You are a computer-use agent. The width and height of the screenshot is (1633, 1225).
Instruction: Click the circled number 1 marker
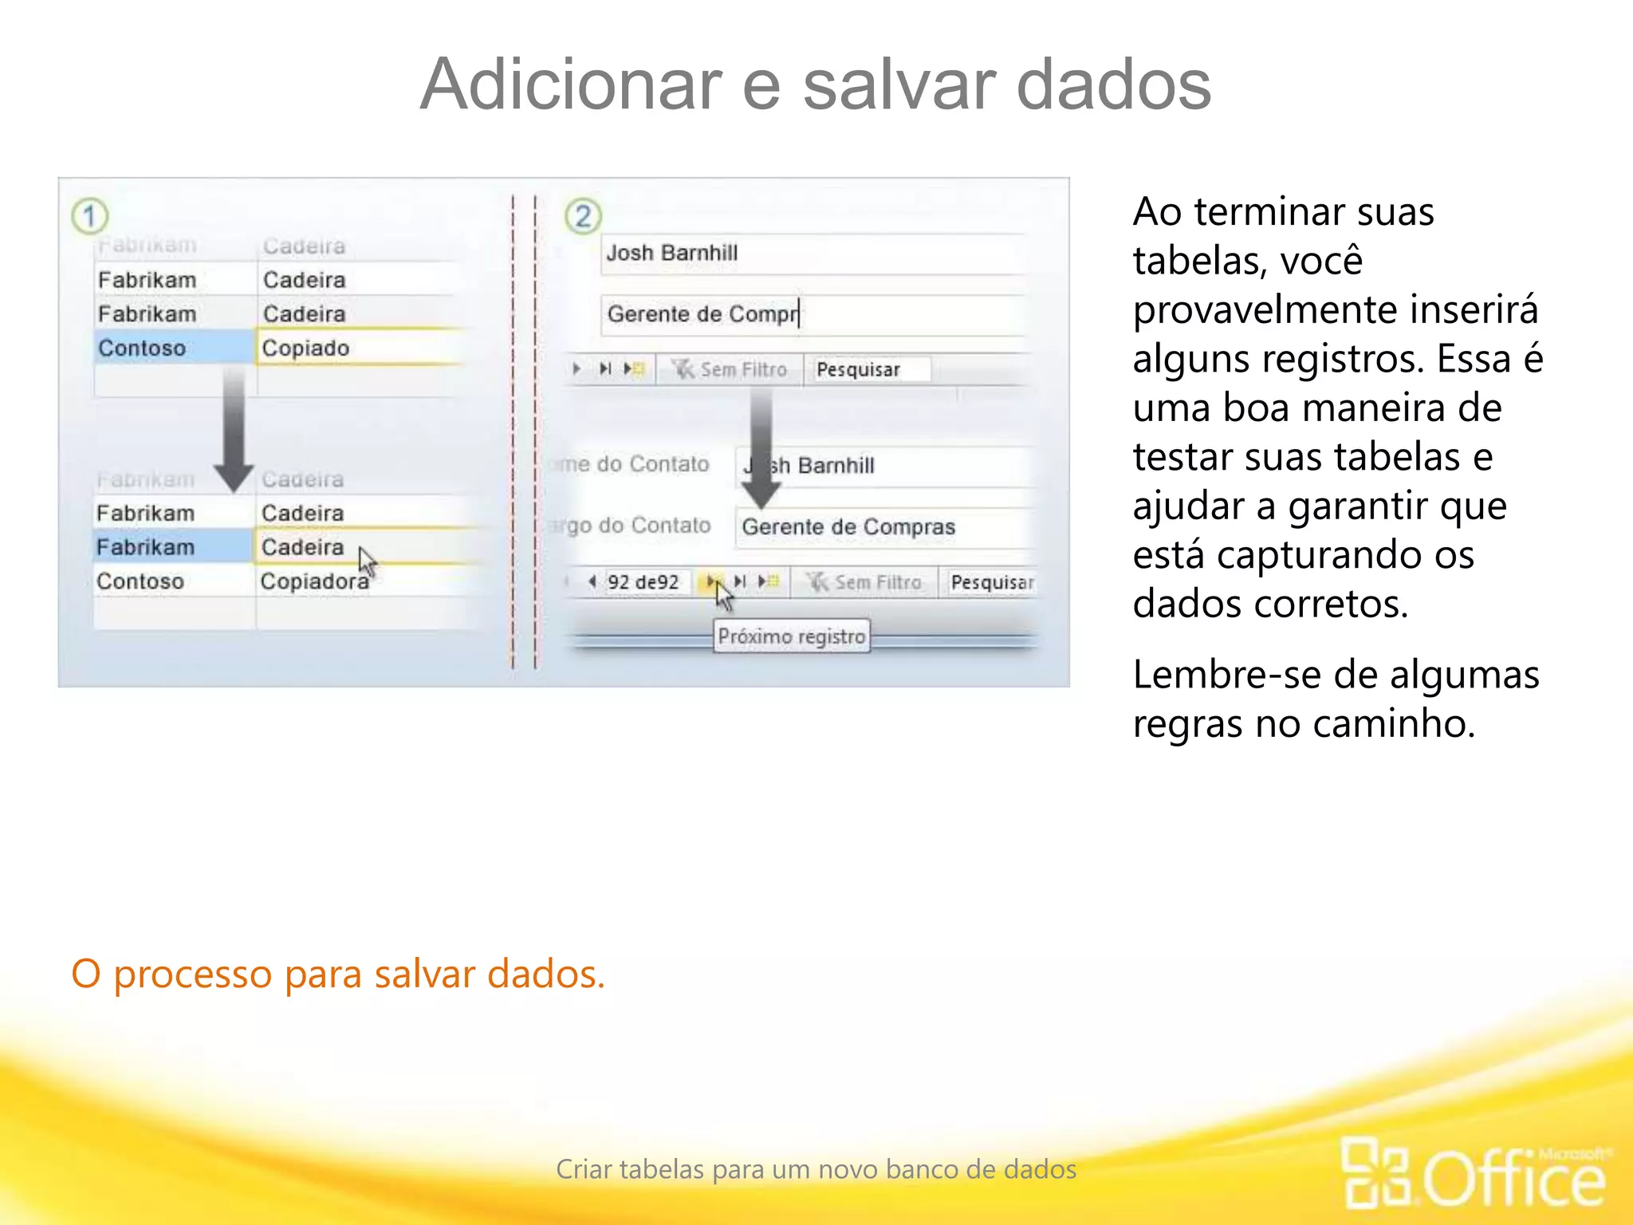pyautogui.click(x=89, y=216)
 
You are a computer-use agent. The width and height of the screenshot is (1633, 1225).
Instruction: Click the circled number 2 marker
pyautogui.click(x=583, y=217)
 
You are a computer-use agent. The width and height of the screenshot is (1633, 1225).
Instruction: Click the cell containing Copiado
pyautogui.click(x=306, y=349)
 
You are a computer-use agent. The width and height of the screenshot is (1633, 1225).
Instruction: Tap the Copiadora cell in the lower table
pyautogui.click(x=314, y=581)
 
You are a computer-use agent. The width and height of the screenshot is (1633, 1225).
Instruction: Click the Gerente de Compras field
pyautogui.click(x=848, y=527)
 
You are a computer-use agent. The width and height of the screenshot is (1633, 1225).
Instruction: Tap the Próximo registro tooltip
pyautogui.click(x=791, y=636)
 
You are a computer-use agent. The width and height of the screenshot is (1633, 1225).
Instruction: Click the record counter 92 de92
pyautogui.click(x=643, y=582)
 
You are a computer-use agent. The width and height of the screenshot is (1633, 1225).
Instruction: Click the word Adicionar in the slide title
pyautogui.click(x=570, y=85)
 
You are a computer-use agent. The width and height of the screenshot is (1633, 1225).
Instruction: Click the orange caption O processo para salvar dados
pyautogui.click(x=338, y=974)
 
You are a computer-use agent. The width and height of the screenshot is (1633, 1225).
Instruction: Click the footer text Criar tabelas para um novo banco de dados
pyautogui.click(x=816, y=1169)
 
